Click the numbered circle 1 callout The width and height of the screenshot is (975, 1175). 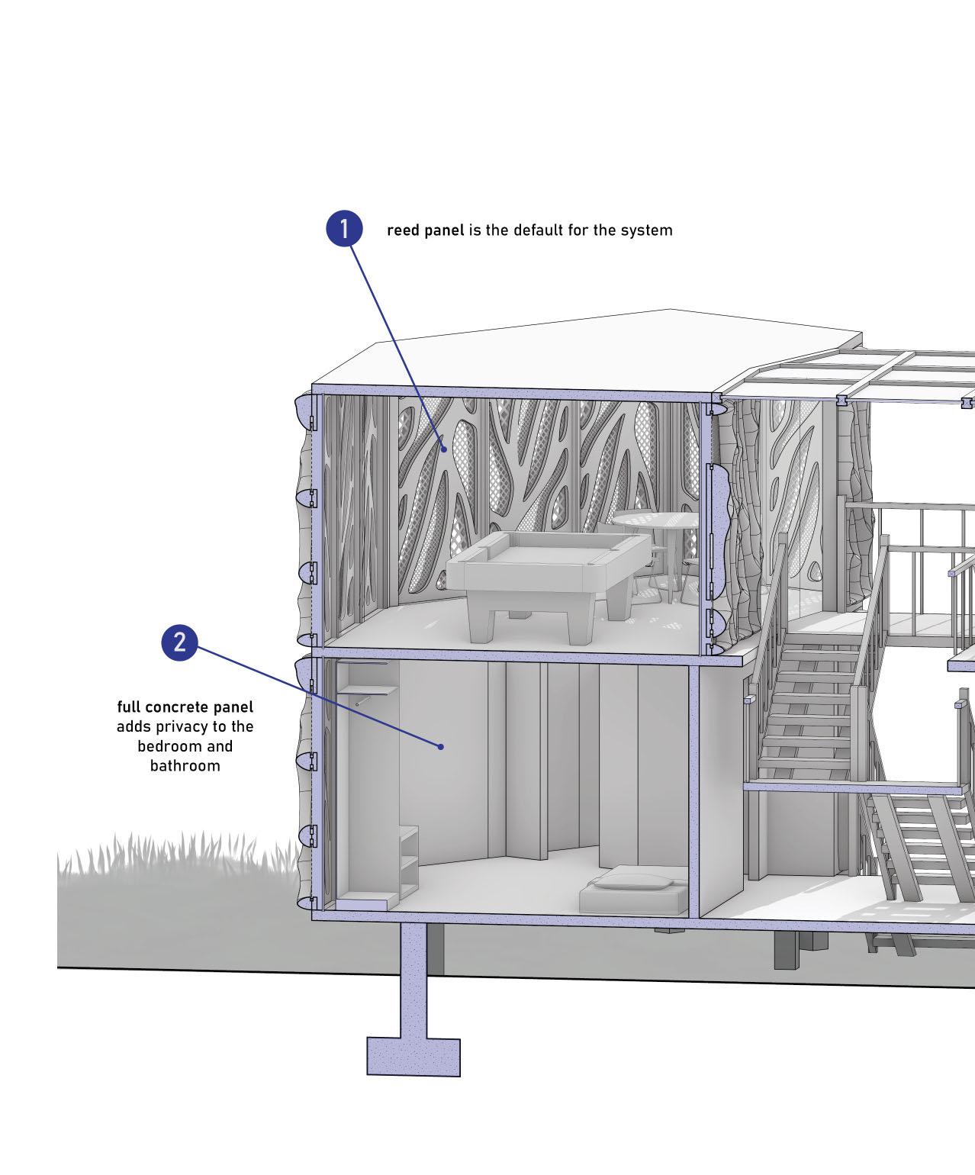coord(344,228)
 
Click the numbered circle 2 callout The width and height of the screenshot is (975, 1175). coord(179,642)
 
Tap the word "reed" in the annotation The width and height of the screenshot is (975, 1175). coord(403,230)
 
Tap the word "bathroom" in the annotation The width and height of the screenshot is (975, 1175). coord(185,765)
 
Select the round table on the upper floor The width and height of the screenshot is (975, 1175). coord(656,520)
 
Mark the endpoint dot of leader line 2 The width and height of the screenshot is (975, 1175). coord(441,746)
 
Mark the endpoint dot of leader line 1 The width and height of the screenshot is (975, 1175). coord(442,449)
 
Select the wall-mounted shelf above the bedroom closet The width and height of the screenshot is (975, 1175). coord(369,691)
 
